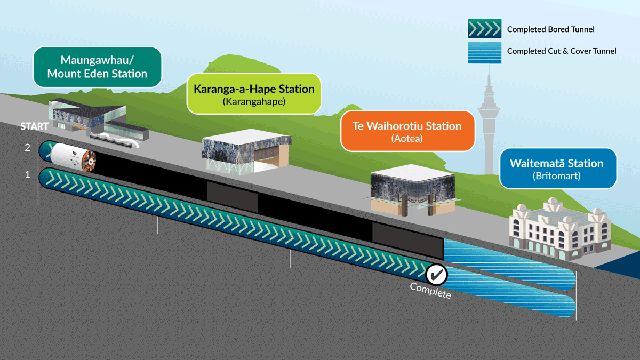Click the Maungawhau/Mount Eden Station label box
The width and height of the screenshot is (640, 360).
[97, 67]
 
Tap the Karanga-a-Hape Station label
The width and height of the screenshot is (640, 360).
[254, 94]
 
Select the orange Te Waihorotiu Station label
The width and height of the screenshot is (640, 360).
[407, 131]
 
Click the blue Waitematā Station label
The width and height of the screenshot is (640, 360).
[557, 169]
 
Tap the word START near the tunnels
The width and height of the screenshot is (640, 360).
[35, 127]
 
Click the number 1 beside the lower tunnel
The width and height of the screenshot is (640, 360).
[27, 174]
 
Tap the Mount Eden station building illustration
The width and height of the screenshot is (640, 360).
[96, 120]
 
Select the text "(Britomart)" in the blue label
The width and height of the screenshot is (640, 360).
[557, 175]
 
